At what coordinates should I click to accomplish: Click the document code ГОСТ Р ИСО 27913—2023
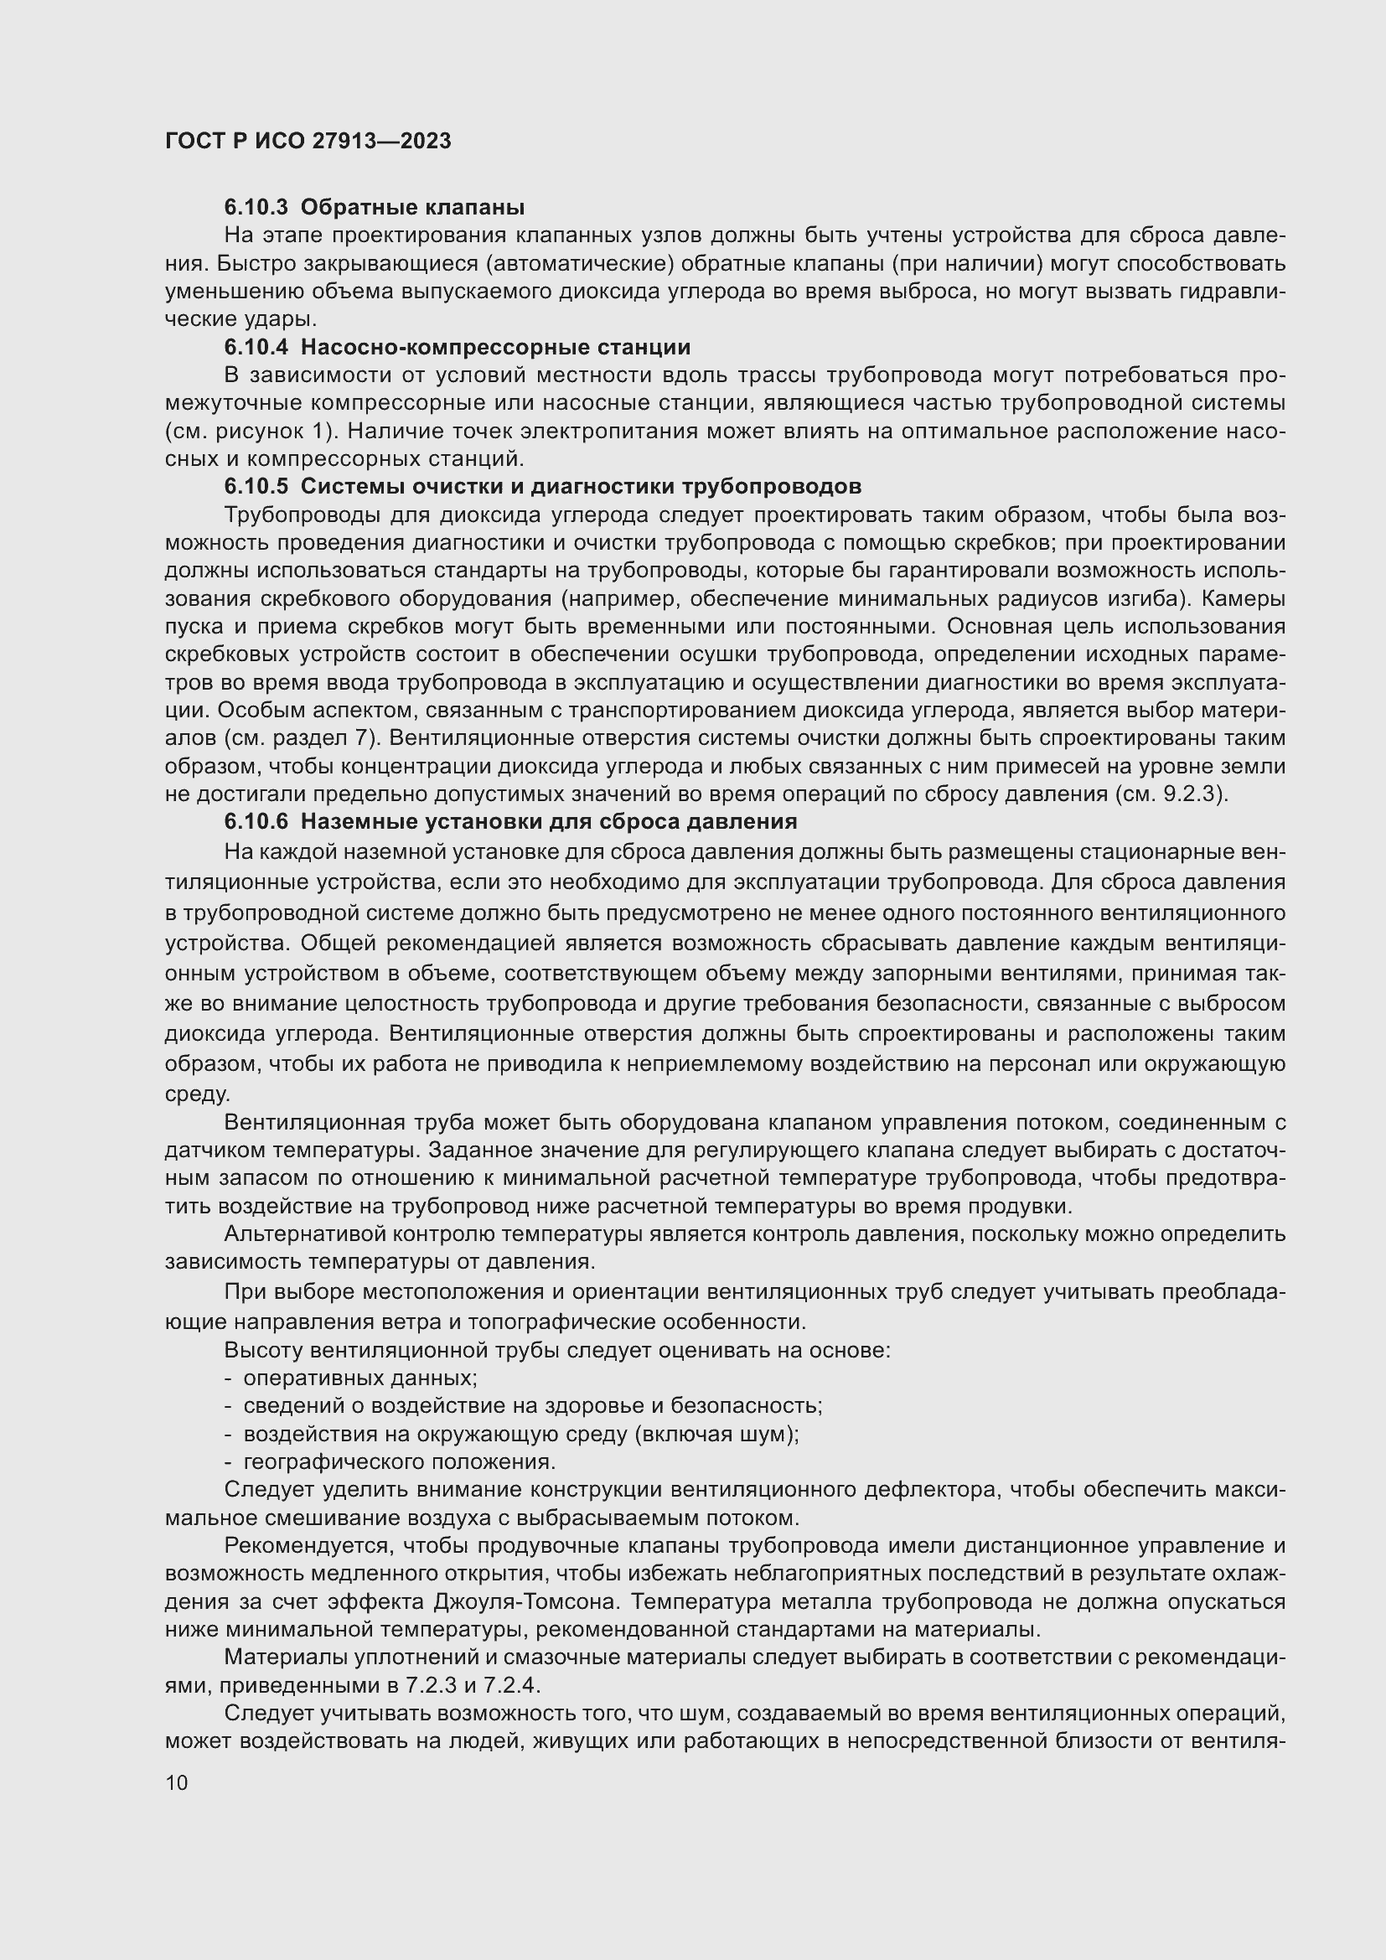(x=308, y=142)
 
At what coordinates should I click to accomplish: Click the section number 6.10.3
(x=256, y=208)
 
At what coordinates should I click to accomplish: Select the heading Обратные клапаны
(x=412, y=208)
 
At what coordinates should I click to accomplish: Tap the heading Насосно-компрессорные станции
(x=495, y=348)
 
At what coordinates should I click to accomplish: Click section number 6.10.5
(x=256, y=487)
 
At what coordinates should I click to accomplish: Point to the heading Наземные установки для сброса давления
(x=549, y=822)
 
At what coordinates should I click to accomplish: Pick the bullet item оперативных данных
(x=359, y=1378)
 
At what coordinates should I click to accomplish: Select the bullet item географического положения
(x=400, y=1462)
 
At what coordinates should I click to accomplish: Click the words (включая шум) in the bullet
(x=716, y=1434)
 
